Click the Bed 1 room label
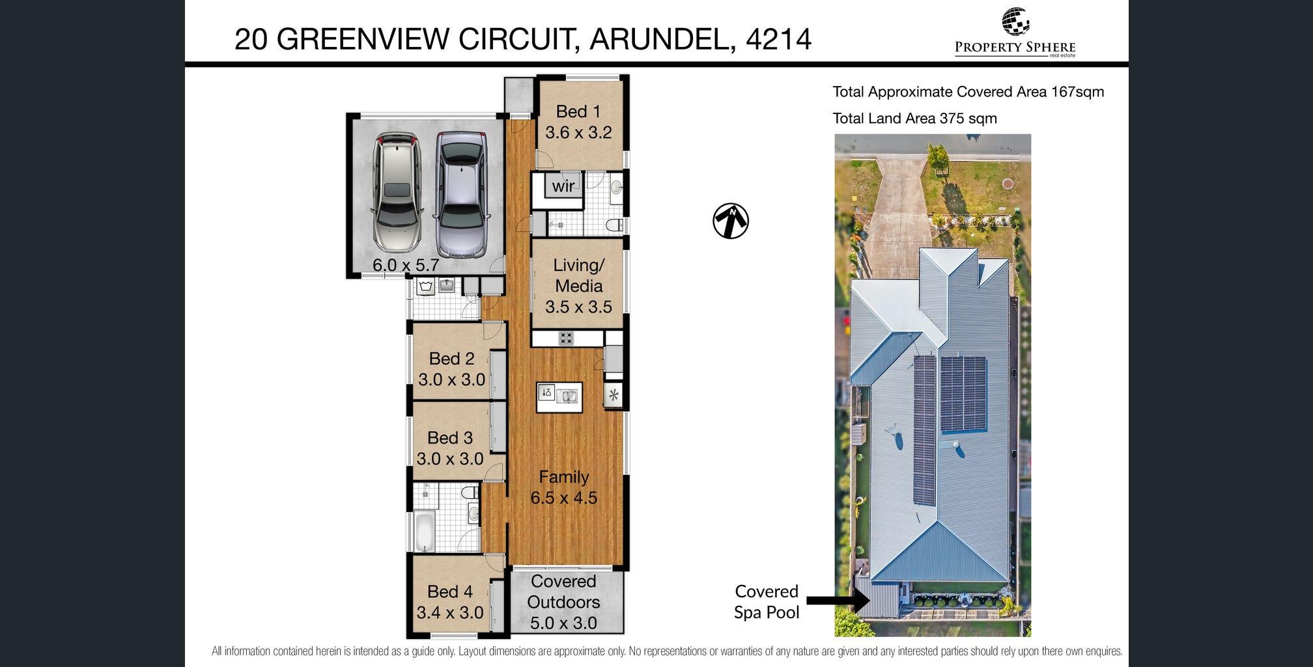[x=578, y=112]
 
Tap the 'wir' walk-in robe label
[x=563, y=186]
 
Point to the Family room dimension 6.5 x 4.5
[x=564, y=498]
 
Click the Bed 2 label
[x=451, y=359]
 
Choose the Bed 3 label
[x=450, y=438]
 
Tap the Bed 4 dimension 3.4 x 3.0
[x=450, y=613]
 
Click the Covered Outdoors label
[x=563, y=591]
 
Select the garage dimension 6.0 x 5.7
[x=406, y=266]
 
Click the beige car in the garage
[x=397, y=193]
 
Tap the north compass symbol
[x=731, y=221]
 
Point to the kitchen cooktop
[x=565, y=338]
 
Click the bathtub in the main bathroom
[x=424, y=532]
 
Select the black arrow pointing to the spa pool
[x=838, y=600]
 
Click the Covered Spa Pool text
[x=767, y=602]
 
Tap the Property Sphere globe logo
[x=1015, y=21]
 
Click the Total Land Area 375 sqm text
[x=915, y=119]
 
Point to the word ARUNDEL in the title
[x=658, y=39]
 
